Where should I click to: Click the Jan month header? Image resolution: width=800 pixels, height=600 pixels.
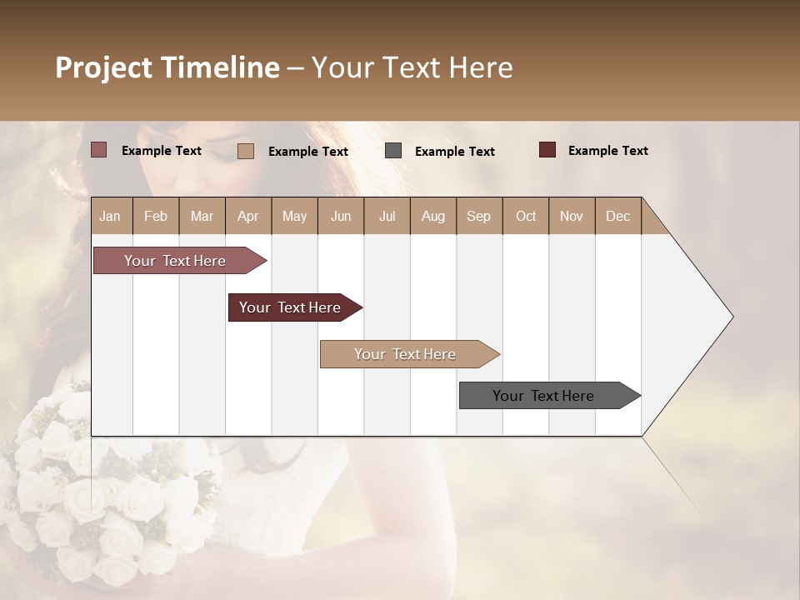coord(110,216)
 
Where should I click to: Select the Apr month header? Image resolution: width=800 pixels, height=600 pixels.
coord(247,216)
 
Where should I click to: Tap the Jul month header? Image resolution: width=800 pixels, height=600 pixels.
coord(387,216)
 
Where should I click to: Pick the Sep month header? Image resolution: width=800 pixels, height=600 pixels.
coord(478,216)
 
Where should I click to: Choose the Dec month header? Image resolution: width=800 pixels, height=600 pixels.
coord(617,216)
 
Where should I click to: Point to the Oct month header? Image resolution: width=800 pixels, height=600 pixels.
coord(526,216)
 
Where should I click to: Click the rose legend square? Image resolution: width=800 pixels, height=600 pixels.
coord(98,150)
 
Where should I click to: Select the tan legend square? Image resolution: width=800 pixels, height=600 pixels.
coord(245,151)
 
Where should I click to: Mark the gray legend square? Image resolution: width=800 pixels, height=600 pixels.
coord(393,151)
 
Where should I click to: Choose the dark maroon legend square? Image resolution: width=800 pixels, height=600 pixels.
coord(547,150)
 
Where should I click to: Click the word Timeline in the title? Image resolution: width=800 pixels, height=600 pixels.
coord(220,67)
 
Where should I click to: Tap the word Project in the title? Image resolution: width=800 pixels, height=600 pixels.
coord(104,67)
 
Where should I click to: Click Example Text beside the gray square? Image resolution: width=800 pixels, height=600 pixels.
coord(454,151)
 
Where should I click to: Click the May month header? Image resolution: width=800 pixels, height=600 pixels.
coord(294,216)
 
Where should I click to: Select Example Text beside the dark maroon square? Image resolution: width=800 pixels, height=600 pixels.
coord(607,150)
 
